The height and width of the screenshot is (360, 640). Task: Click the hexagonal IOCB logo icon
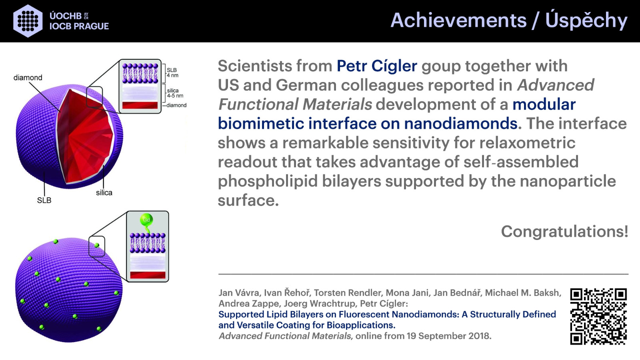click(28, 21)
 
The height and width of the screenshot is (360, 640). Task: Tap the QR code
click(598, 316)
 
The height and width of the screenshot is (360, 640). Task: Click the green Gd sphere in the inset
click(146, 220)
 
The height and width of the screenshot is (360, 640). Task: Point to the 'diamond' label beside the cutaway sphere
click(28, 78)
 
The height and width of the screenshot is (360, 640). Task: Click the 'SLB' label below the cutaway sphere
click(44, 200)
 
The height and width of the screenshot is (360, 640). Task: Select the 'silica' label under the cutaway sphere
click(104, 192)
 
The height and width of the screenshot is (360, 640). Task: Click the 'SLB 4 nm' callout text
click(172, 72)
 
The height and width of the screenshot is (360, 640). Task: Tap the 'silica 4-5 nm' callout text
click(175, 93)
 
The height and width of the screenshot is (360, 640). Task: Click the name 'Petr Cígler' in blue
click(377, 66)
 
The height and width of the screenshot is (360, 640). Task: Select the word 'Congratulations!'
click(564, 231)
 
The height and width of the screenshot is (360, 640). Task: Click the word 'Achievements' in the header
click(458, 20)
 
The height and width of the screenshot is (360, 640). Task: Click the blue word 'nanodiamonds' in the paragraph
click(460, 124)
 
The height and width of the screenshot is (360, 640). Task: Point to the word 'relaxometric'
click(527, 142)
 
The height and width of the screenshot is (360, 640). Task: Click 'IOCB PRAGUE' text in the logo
click(79, 26)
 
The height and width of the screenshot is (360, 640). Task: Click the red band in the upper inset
click(140, 105)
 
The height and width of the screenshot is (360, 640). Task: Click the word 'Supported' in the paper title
click(241, 315)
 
